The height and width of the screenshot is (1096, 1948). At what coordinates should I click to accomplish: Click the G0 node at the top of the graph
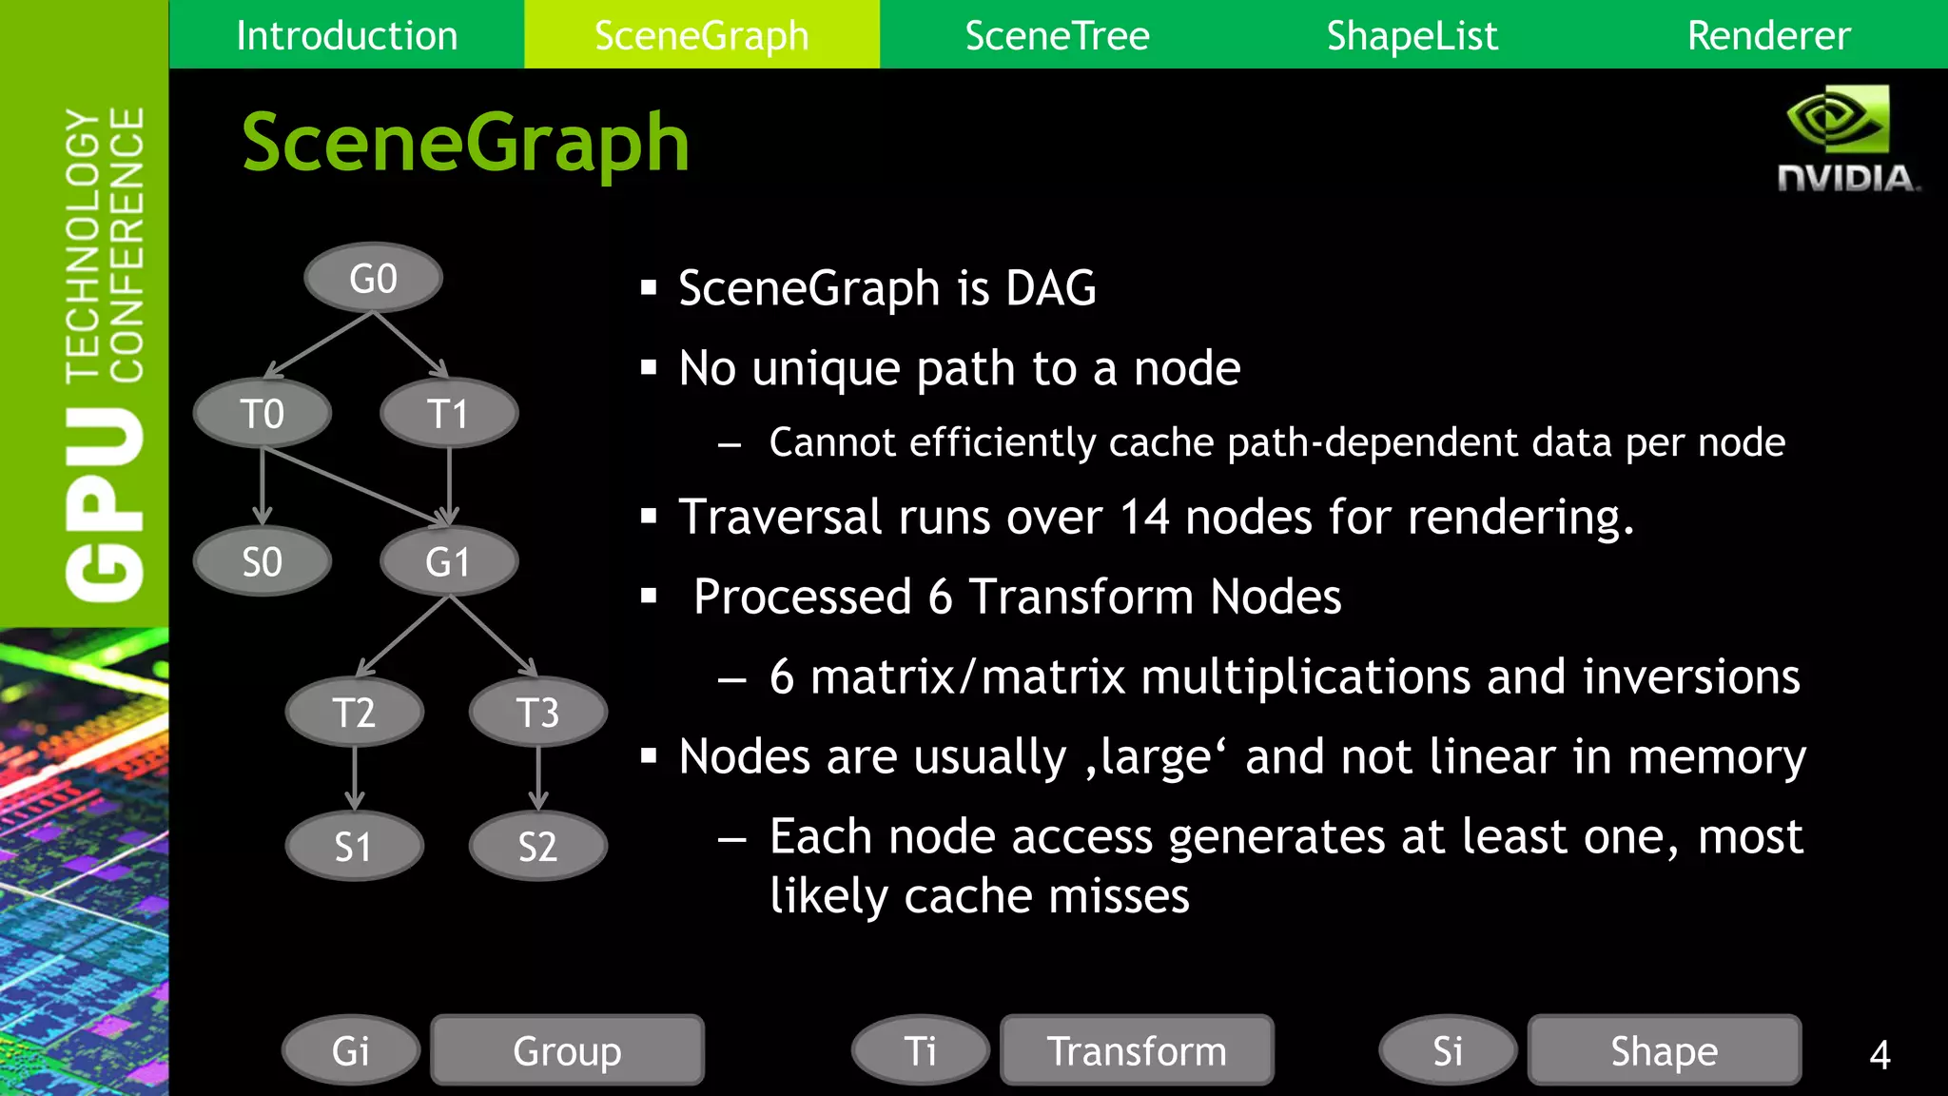pos(373,278)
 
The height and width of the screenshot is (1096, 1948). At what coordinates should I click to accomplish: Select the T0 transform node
pos(263,414)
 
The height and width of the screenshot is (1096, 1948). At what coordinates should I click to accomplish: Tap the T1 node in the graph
pos(449,414)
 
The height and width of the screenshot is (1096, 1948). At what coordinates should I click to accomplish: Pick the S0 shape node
pos(263,561)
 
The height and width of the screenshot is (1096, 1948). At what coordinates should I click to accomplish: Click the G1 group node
pos(449,561)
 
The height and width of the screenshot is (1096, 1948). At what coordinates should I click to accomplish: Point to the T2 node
pos(354,712)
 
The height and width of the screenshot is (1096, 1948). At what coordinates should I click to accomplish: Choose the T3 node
pos(538,712)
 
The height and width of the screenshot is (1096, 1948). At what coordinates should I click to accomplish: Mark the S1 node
pos(354,846)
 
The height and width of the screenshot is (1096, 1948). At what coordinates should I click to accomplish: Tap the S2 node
pos(538,846)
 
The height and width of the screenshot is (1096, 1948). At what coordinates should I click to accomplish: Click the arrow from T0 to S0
pos(263,485)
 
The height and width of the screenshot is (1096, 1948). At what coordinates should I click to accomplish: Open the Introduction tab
pos(346,35)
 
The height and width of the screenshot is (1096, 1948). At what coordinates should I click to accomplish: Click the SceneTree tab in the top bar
pos(1057,35)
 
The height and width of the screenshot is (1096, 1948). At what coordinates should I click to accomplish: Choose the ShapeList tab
pos(1412,35)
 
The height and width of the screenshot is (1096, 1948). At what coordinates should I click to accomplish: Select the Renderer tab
pos(1768,35)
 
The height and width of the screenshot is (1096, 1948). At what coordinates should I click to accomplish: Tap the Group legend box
pos(567,1050)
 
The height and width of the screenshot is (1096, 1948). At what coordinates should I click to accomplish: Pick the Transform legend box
pos(1137,1050)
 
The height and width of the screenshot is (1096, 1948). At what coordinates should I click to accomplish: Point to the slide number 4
pos(1880,1054)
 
